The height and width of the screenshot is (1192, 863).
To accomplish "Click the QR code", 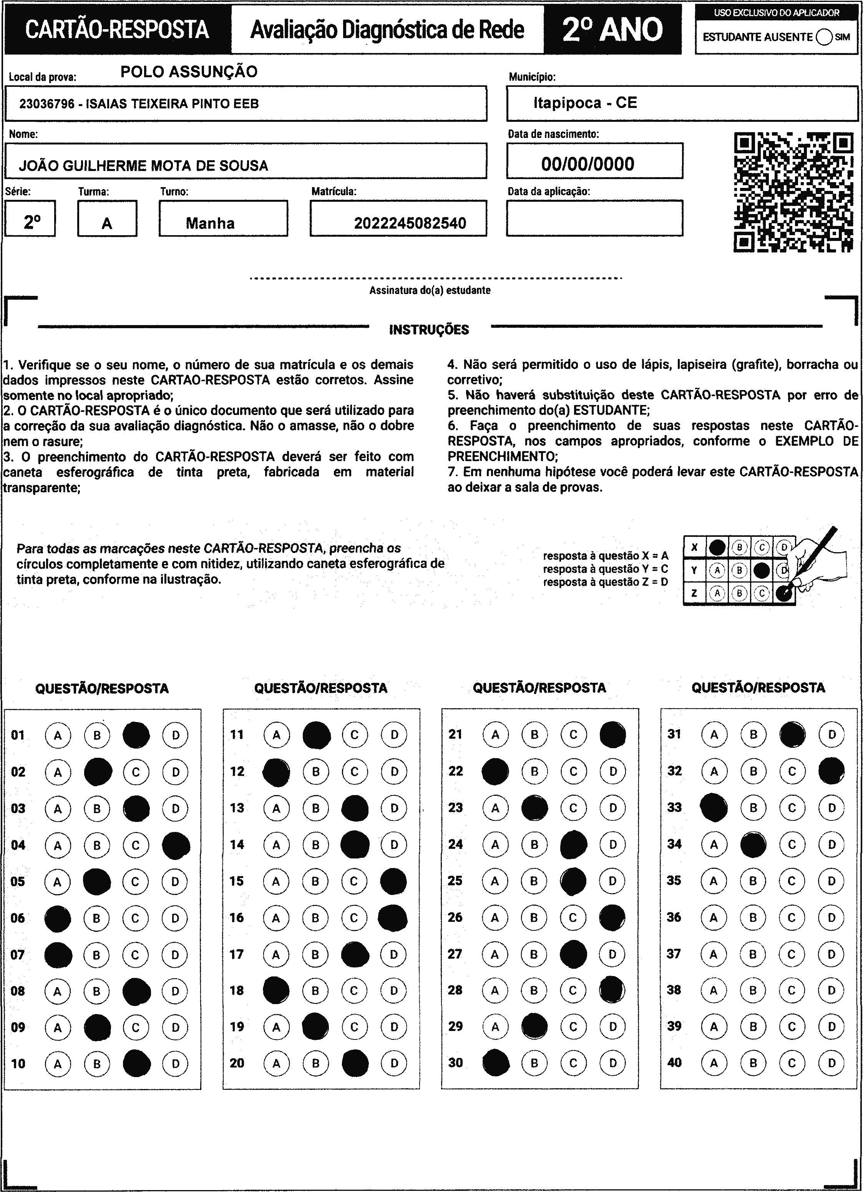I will point(793,193).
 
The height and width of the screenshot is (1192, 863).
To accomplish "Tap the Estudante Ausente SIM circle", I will point(825,37).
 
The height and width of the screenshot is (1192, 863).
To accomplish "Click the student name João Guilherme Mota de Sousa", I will point(143,166).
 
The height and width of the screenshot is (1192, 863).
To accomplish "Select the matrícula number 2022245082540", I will point(410,223).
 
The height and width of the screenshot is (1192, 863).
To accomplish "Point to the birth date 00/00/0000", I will point(588,164).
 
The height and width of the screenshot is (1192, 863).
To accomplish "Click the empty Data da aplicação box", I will point(594,218).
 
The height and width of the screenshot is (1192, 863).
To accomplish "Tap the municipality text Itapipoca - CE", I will point(585,103).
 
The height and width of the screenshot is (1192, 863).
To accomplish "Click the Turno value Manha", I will point(210,223).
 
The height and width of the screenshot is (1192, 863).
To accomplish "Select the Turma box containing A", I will point(107,219).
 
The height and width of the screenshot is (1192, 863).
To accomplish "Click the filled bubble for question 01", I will point(136,735).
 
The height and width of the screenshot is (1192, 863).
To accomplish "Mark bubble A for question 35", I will point(713,880).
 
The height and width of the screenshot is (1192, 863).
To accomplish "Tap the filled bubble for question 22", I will point(495,771).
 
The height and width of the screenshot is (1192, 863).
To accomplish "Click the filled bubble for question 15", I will point(393,881).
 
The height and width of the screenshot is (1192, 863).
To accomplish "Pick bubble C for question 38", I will point(792,990).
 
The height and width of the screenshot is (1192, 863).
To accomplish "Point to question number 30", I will point(456,1062).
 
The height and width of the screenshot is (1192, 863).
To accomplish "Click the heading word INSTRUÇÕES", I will point(429,330).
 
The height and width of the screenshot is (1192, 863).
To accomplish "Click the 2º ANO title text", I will point(612,30).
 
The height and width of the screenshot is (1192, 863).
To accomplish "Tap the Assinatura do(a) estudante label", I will point(430,290).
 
